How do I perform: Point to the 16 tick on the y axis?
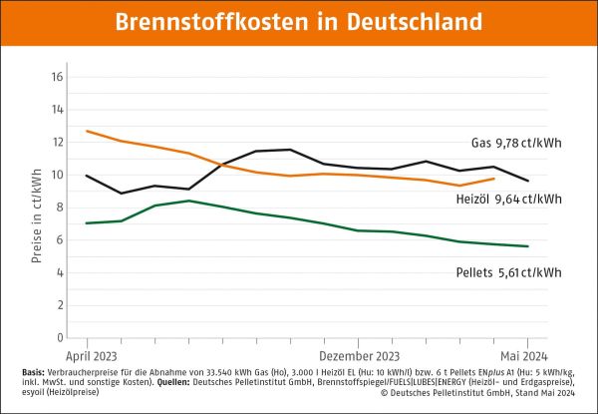point(57,77)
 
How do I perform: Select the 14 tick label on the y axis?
point(57,110)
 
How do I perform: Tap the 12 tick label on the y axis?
point(57,143)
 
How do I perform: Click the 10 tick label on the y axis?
point(57,175)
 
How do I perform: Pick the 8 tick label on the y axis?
point(60,207)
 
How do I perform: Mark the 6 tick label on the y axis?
point(60,240)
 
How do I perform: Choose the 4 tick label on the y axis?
point(60,272)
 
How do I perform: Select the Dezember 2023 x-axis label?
point(360,354)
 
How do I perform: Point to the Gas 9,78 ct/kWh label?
point(517,141)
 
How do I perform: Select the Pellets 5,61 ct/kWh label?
point(507,272)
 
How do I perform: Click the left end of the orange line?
point(87,131)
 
